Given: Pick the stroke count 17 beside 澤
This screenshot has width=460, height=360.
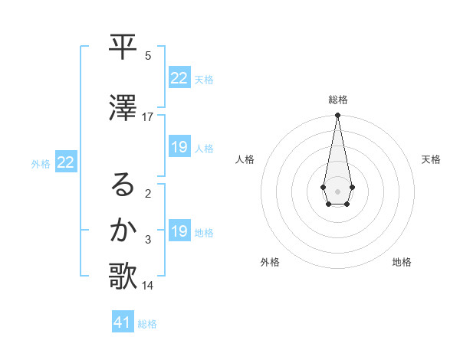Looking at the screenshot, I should coord(148,117).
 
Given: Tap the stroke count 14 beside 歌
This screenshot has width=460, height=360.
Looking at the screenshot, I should coord(148,286).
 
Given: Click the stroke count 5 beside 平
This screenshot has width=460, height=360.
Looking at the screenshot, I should coord(148,56).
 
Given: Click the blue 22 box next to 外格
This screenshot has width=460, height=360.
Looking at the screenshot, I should coord(66,162).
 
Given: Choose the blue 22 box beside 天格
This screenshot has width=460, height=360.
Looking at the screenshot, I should coord(179,77).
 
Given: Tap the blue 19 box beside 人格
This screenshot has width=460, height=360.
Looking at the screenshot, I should coord(179,147).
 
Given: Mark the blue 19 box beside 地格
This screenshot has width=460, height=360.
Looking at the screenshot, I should coord(179,231).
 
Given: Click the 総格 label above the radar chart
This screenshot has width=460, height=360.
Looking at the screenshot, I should coord(337,100).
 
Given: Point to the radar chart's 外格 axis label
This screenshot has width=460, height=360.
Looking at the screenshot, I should coord(270,263).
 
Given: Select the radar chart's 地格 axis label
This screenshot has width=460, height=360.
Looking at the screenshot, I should coord(402,263).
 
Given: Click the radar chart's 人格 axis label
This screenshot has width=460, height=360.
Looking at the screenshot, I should coord(245,159).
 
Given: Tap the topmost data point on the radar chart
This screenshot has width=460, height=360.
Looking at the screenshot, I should coord(337,116).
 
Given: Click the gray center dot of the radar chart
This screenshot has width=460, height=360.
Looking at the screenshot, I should coord(337,190).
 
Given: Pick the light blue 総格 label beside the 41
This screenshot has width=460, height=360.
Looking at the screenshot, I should coord(147,324).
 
